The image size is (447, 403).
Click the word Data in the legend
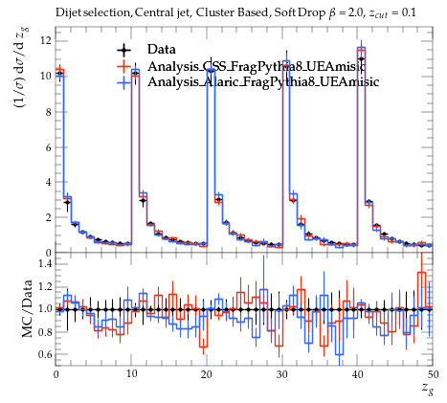point(162,50)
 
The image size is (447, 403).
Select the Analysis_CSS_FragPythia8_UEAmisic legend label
point(257,66)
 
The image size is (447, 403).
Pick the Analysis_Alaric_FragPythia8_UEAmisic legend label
point(263,81)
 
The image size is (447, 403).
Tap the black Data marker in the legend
point(123,50)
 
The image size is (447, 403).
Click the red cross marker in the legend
point(123,66)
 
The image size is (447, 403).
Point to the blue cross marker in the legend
point(123,82)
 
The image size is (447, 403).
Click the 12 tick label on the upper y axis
point(45,41)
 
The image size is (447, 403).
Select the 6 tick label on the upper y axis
point(48,147)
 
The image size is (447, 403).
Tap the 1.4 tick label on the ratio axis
point(45,263)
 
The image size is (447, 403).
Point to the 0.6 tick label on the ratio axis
point(45,354)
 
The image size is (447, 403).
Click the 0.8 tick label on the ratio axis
point(45,332)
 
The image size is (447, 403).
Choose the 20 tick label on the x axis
point(207,374)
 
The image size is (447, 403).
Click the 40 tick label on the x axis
point(357,374)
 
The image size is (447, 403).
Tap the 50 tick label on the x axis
point(433,374)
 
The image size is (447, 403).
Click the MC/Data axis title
point(28,309)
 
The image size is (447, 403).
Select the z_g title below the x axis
point(427,389)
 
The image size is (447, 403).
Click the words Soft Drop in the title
point(300,12)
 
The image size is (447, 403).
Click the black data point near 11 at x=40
point(361,59)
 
